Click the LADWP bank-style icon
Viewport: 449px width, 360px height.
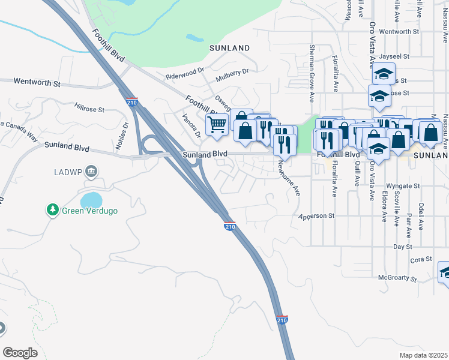click(92, 172)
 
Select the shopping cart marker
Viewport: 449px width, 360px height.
click(216, 125)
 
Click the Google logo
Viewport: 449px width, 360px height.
click(20, 353)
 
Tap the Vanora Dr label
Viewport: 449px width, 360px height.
click(191, 125)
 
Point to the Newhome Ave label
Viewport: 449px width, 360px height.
click(297, 181)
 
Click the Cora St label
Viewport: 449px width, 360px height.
click(421, 260)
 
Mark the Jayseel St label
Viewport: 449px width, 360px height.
click(394, 56)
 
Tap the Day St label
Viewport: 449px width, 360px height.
click(403, 247)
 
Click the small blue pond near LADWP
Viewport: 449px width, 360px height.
click(91, 199)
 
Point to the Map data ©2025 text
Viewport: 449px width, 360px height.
click(423, 355)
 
